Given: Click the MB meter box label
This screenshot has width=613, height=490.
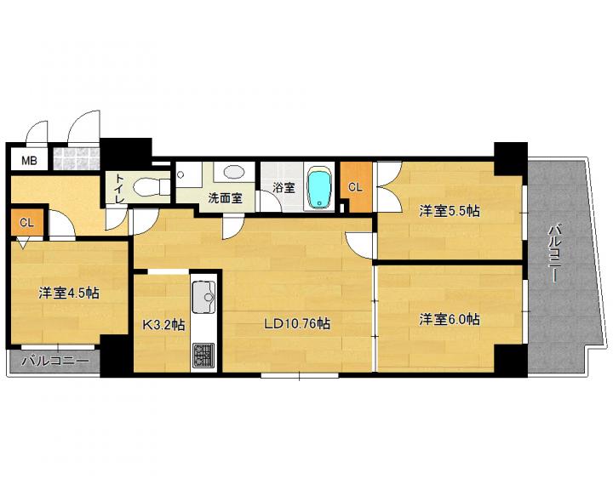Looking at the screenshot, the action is (29, 160).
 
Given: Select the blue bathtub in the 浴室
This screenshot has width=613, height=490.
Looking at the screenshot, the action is (320, 188).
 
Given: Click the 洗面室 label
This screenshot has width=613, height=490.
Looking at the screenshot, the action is (225, 198).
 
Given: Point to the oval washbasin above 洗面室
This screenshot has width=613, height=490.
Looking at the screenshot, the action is (233, 172).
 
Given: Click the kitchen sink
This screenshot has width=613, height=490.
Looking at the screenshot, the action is (203, 298).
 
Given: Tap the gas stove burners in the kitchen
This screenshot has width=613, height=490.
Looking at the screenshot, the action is (203, 356).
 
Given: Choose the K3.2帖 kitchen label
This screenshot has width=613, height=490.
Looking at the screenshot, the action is (163, 324).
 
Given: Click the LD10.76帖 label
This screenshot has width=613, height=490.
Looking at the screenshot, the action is (297, 323).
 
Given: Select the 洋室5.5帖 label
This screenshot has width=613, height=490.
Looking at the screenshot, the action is (450, 211).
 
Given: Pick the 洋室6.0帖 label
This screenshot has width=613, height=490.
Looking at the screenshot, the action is (450, 319).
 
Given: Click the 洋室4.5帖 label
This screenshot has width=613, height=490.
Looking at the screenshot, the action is (68, 293).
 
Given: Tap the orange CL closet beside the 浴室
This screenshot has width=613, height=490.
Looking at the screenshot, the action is (355, 187).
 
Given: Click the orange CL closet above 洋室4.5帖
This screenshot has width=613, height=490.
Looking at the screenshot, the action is (26, 223).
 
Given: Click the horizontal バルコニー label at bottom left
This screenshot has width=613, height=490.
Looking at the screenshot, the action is (55, 361).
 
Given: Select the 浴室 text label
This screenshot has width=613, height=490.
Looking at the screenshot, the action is (284, 187).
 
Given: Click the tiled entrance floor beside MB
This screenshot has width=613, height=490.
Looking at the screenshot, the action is (77, 158).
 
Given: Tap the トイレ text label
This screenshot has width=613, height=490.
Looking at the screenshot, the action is (120, 188).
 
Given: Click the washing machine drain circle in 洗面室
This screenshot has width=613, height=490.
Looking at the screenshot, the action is (180, 174).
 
